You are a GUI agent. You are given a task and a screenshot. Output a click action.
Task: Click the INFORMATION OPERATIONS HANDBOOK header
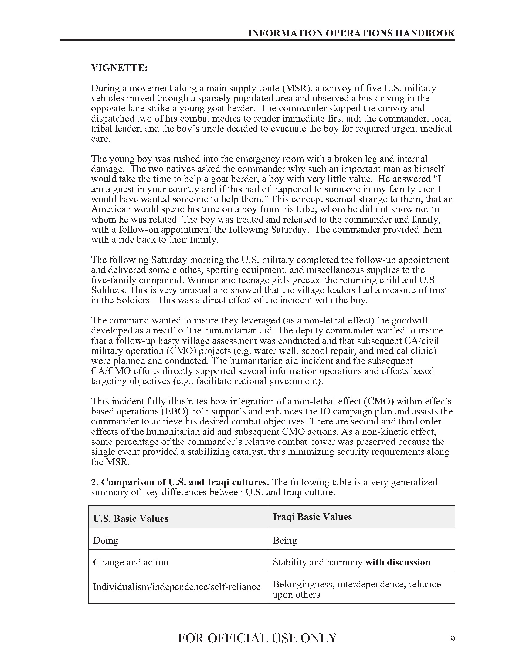[x=351, y=33]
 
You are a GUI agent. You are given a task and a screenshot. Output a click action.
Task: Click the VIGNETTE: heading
[x=119, y=68]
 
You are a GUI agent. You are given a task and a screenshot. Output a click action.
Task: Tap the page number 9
[x=453, y=639]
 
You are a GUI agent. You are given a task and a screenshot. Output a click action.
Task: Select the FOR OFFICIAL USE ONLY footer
[x=257, y=638]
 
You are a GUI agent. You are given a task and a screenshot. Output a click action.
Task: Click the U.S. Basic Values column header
[x=131, y=518]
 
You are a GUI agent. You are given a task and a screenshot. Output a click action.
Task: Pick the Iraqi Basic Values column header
[x=312, y=517]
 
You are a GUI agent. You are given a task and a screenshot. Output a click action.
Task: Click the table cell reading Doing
[x=106, y=540]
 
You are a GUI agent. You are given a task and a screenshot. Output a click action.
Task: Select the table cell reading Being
[x=285, y=540]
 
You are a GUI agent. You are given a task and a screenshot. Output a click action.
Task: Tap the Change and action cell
[x=131, y=562]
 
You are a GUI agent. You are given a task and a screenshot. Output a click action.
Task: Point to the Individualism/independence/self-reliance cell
[x=177, y=587]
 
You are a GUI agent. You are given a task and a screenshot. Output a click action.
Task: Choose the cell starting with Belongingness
[x=356, y=589]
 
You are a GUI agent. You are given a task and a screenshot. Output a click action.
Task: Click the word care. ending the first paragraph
[x=100, y=139]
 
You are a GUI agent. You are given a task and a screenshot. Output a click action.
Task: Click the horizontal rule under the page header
[x=257, y=39]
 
